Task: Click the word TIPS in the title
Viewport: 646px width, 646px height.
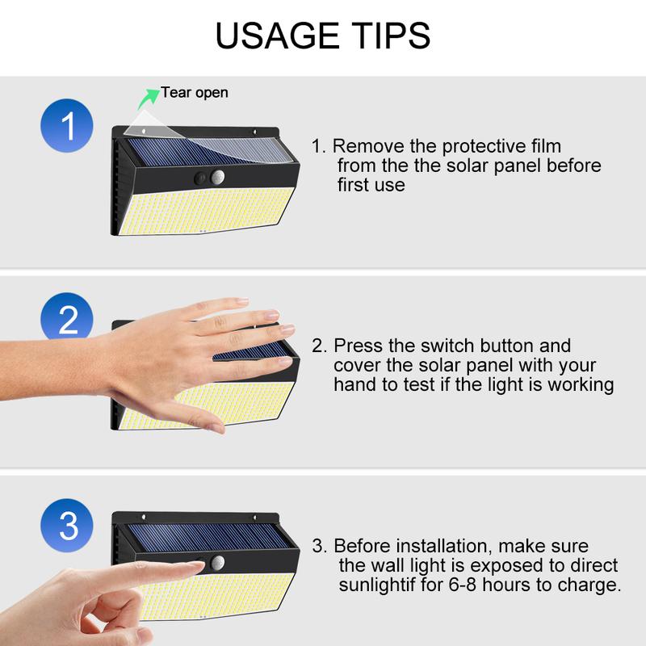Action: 386,36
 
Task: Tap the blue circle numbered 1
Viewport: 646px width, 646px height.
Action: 68,128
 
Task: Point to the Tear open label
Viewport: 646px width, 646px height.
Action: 194,92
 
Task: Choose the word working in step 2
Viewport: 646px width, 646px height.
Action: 583,384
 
